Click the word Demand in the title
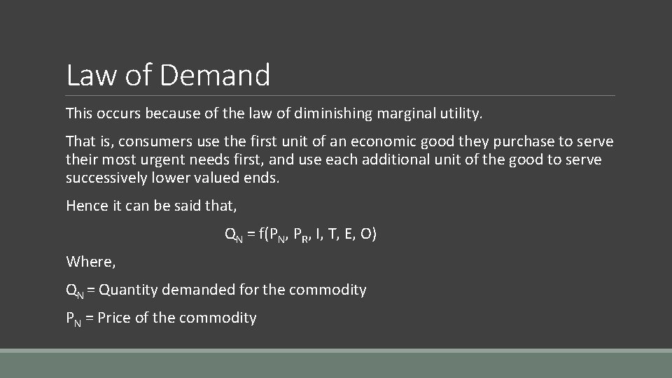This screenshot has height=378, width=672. pos(215,75)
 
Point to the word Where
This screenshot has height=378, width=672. pos(90,262)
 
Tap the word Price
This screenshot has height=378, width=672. pos(113,318)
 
